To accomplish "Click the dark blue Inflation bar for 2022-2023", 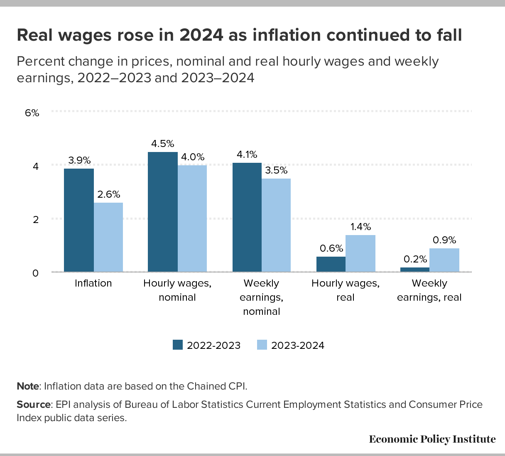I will coord(79,220).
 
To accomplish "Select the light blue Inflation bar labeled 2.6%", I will coord(108,237).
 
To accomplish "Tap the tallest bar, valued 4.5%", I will coord(163,212).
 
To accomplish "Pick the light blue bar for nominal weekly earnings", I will coord(276,225).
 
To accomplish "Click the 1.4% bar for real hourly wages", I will coord(360,253).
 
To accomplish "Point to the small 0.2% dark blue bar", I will coord(415,270).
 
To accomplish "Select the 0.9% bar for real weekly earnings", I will coord(444,260).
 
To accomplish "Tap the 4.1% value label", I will coord(247,155).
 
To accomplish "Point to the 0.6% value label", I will coord(331,248).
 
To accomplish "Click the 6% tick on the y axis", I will coord(32,113).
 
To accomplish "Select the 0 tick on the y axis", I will coord(35,273).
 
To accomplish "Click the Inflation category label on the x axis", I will coord(93,283).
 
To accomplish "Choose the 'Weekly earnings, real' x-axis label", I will coord(429,290).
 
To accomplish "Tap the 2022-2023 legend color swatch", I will coord(178,345).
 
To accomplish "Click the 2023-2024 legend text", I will coord(297,346).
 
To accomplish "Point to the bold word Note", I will coord(27,386).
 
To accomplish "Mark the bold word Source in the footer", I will coord(33,405).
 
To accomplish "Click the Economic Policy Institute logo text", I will coord(432,439).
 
